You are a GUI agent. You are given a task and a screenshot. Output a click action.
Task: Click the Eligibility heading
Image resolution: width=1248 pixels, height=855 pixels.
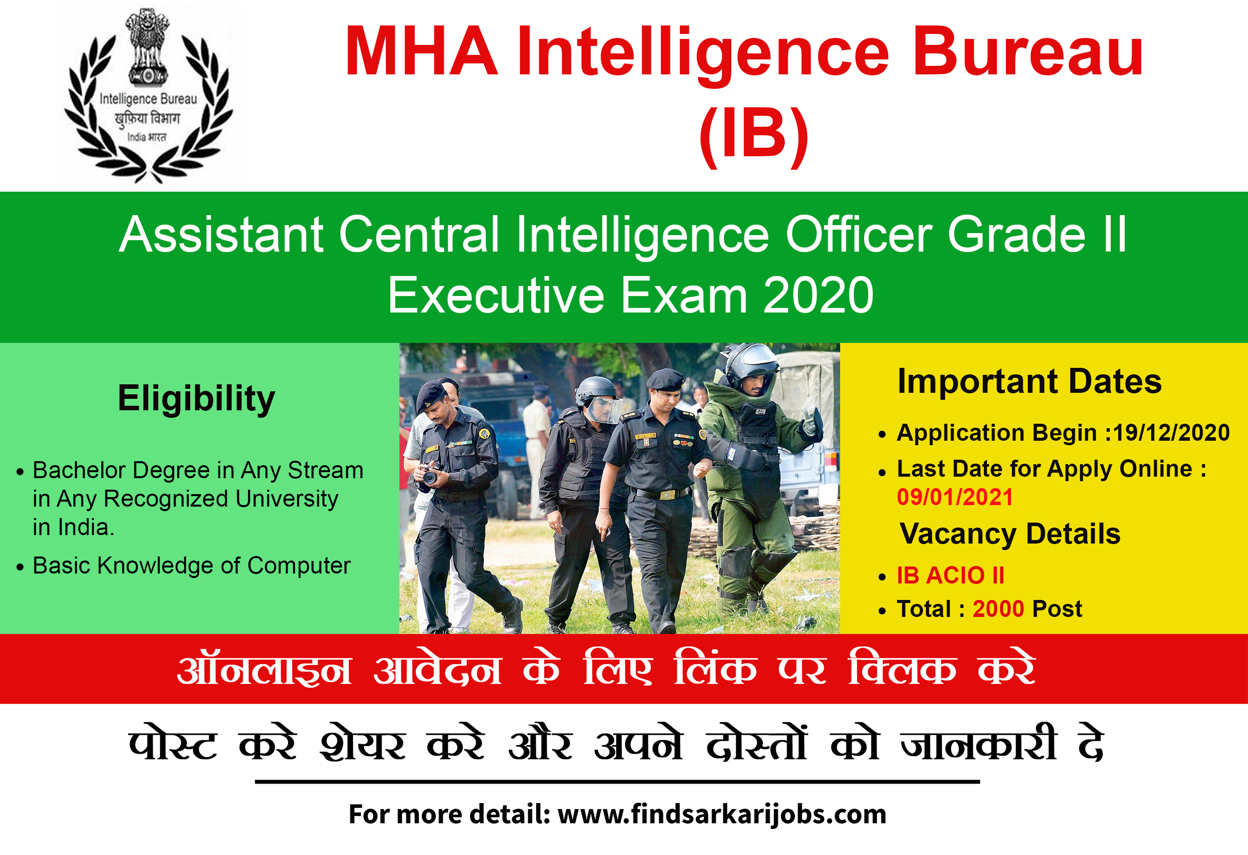[196, 399]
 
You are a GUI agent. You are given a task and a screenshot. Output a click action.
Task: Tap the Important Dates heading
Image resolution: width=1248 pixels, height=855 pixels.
[1029, 382]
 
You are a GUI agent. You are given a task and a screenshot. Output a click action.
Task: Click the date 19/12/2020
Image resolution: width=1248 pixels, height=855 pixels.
[1171, 433]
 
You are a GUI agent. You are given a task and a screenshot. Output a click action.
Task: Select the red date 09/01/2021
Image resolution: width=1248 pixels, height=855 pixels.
[955, 497]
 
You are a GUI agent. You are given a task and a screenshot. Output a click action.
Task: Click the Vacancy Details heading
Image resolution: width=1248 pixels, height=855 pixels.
[1010, 534]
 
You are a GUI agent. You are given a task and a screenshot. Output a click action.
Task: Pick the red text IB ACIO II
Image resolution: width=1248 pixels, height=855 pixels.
[950, 575]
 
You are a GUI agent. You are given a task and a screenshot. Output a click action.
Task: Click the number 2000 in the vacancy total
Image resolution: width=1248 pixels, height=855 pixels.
[998, 609]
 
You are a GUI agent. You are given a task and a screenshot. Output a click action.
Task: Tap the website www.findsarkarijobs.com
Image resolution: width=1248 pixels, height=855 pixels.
[722, 814]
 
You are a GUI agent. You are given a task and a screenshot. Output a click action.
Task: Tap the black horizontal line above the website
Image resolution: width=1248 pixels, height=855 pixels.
[617, 782]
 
